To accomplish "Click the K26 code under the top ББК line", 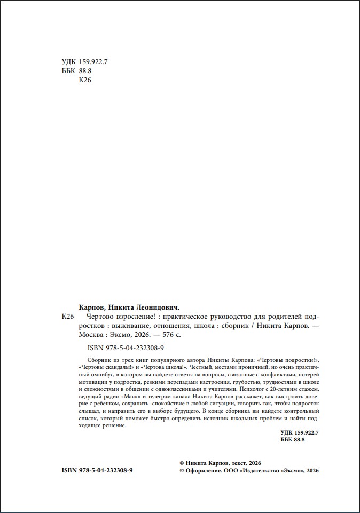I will click(x=85, y=80).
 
